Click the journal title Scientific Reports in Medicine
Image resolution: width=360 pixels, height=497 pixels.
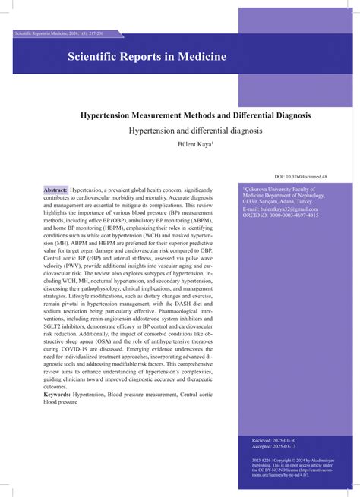pos(147,57)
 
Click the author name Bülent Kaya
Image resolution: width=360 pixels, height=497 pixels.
pos(196,144)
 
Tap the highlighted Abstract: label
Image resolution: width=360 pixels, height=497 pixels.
pos(55,189)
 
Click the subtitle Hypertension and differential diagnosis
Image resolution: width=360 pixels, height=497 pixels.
pos(195,131)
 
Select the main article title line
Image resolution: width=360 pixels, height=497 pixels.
pos(195,115)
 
